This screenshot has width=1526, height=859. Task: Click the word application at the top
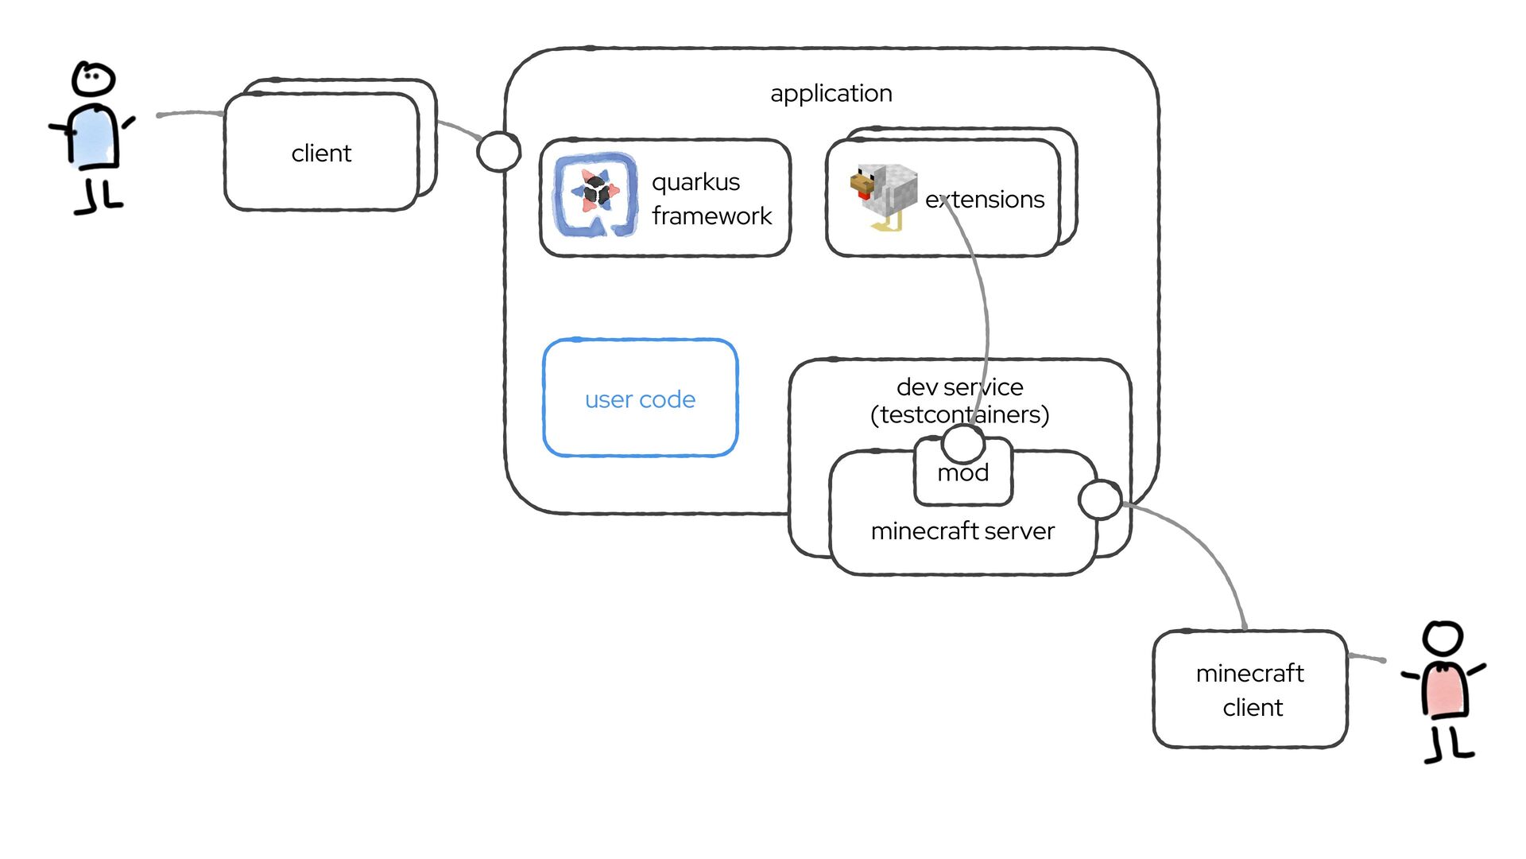coord(831,93)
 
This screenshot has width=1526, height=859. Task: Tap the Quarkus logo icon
coord(595,195)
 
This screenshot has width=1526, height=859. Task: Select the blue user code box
coord(640,398)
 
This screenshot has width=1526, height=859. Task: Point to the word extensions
coord(985,199)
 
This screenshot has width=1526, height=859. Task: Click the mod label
coord(962,474)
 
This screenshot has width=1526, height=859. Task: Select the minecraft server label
coord(962,531)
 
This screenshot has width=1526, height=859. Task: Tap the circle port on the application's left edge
coord(498,151)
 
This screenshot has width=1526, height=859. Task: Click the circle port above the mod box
coord(963,443)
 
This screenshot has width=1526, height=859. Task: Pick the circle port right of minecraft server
coord(1100,499)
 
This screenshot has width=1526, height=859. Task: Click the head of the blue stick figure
coord(94,79)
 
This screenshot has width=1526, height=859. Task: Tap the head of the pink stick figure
coord(1443,639)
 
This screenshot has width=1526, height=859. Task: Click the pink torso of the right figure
coord(1445,689)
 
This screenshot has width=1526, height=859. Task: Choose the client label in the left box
coord(321,153)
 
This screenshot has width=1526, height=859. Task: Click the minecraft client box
coord(1249,690)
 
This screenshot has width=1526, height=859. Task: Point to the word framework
coord(711,216)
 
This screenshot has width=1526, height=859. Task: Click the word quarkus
coord(695,182)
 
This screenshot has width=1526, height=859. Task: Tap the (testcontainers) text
coord(959,414)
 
